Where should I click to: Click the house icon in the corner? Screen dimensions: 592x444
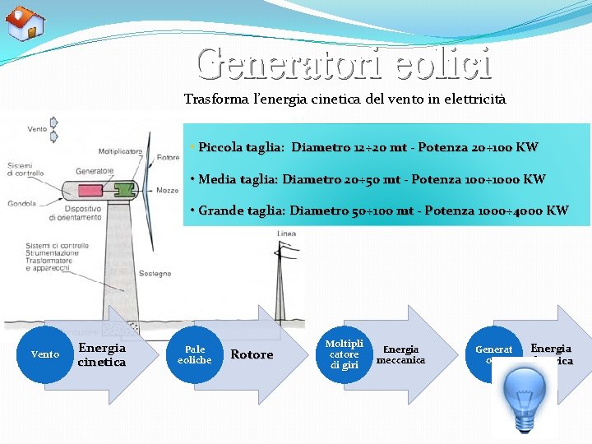click(25, 23)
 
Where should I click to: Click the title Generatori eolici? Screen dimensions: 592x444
click(344, 63)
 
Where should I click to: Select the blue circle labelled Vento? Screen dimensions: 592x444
click(44, 354)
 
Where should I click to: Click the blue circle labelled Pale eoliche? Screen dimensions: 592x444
click(195, 354)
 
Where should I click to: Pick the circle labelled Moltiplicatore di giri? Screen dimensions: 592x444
click(344, 354)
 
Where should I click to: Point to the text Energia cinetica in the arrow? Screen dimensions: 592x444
click(102, 354)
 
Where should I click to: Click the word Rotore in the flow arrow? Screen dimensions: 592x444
click(252, 354)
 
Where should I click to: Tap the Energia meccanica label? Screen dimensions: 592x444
click(400, 354)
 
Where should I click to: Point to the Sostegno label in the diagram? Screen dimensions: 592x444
click(155, 273)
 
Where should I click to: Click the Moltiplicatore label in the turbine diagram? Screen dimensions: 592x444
click(121, 151)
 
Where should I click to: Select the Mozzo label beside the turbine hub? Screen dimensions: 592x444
click(168, 190)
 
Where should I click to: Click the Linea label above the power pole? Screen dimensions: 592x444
click(286, 234)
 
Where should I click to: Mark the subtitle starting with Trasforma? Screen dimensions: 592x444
click(345, 99)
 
